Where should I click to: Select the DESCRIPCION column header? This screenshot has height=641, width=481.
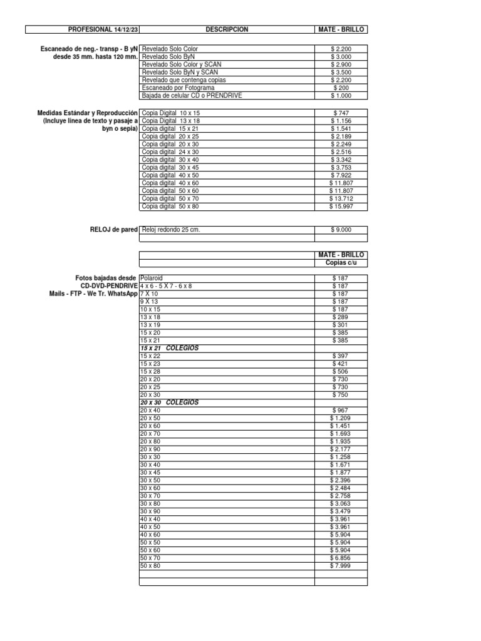coord(226,29)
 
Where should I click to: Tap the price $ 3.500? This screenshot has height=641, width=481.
coord(341,73)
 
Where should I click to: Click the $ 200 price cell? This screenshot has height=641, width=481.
coord(341,88)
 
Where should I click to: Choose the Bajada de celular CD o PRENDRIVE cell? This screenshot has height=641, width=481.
coord(192,96)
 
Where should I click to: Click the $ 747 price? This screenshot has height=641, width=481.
coord(341,112)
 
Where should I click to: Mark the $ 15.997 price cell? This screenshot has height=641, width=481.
coord(341,207)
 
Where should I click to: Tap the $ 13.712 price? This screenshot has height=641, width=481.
coord(341,198)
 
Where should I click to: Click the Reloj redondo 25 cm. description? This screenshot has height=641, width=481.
coord(171,230)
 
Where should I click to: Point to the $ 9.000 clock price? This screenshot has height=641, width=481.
coord(341,230)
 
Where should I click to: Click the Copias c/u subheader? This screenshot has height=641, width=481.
coord(341,262)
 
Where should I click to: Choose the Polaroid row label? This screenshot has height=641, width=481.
coord(152,277)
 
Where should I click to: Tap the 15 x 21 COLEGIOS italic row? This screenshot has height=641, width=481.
coord(169,348)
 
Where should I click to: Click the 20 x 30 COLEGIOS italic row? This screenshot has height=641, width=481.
coord(169,403)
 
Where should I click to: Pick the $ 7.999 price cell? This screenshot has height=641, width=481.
coord(341,566)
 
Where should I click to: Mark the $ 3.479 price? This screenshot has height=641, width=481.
coord(341,511)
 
